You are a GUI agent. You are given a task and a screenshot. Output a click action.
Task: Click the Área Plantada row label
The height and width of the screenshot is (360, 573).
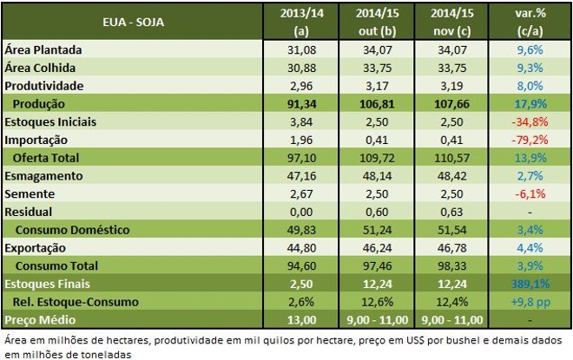(43, 50)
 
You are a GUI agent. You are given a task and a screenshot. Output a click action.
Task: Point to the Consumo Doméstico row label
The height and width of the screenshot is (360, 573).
(70, 230)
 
